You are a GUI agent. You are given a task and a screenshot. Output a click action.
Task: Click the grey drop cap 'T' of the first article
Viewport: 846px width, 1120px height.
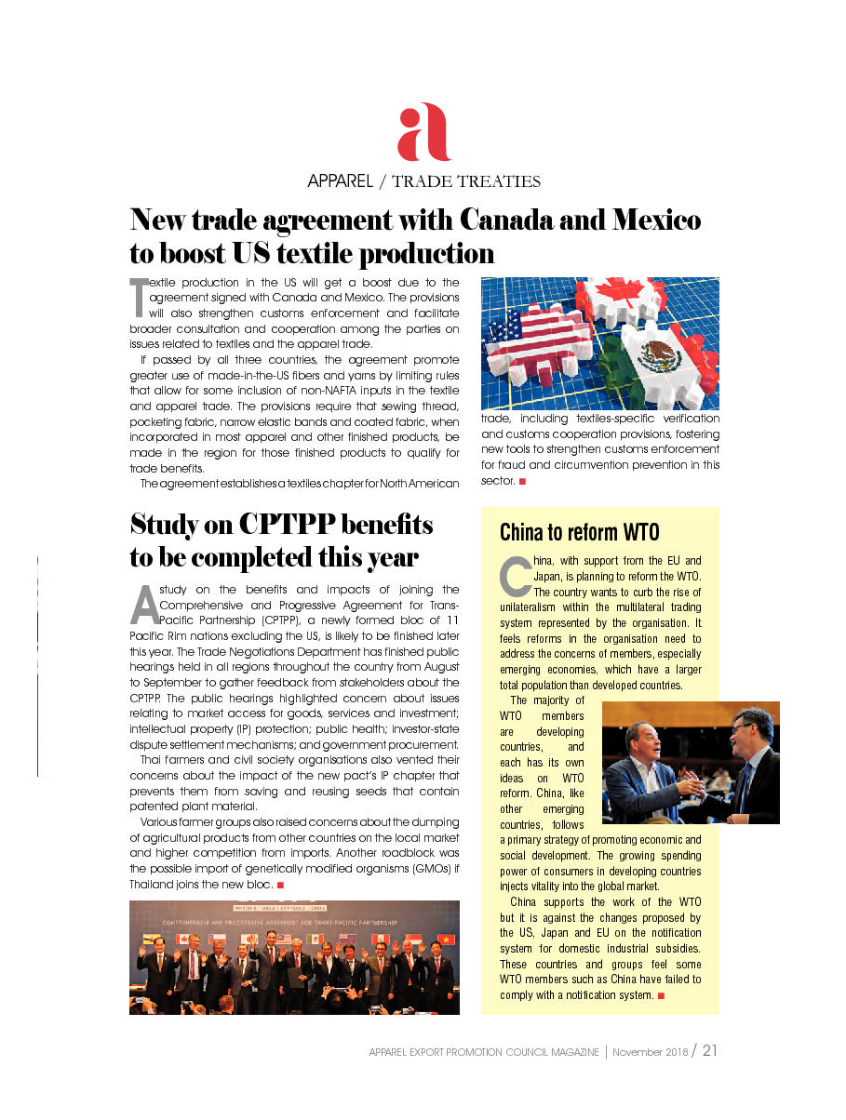click(x=138, y=296)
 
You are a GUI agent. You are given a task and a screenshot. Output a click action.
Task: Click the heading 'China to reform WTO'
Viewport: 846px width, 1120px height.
click(x=579, y=532)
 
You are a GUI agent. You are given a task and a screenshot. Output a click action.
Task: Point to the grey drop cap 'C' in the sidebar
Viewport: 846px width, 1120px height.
click(x=515, y=576)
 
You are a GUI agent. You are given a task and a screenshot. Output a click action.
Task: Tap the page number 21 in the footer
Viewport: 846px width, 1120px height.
click(x=709, y=1051)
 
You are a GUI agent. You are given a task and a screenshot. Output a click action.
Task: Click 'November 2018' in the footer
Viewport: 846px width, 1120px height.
click(x=651, y=1052)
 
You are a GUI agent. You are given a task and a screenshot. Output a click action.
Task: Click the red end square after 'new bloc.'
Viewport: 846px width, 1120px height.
click(x=280, y=885)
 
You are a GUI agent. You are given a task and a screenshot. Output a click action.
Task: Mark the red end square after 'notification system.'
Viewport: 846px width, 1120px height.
click(x=661, y=995)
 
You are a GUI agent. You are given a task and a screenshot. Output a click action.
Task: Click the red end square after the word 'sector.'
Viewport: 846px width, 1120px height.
click(x=523, y=481)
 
